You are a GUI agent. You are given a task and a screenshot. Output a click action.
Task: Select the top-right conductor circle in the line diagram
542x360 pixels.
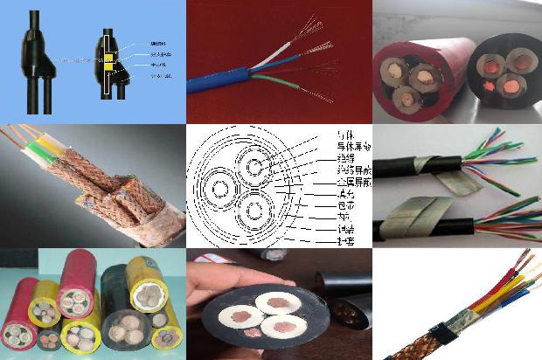pyautogui.click(x=257, y=167)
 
